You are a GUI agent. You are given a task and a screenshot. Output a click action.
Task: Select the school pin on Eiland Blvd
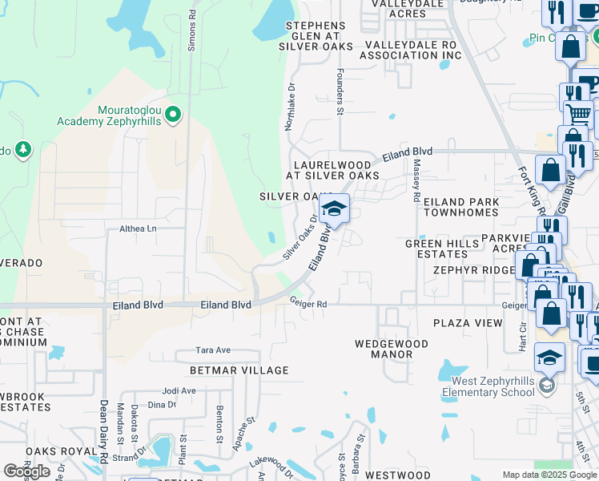tap(334, 211)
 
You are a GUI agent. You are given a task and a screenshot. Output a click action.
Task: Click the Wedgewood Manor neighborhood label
tap(392, 349)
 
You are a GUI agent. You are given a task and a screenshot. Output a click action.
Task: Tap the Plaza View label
tap(468, 323)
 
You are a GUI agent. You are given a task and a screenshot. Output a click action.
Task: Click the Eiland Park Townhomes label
tap(460, 208)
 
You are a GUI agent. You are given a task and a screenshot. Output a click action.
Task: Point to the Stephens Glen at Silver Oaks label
tap(316, 36)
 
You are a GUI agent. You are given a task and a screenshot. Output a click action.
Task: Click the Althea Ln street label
tap(139, 228)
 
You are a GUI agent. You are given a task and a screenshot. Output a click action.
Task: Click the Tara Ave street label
tap(214, 350)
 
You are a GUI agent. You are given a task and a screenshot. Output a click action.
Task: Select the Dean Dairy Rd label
tap(104, 430)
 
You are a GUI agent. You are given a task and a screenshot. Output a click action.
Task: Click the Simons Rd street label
tap(191, 31)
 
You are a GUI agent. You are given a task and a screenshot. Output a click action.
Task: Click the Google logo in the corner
tap(27, 471)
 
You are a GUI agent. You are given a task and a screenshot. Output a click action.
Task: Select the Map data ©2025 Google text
tap(549, 475)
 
